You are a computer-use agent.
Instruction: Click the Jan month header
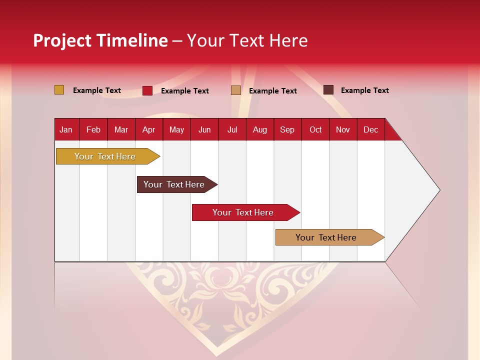click(66, 129)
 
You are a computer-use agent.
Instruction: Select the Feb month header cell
click(93, 129)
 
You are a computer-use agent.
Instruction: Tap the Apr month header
click(148, 129)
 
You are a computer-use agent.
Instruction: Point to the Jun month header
click(204, 129)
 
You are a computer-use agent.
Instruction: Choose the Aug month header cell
click(259, 129)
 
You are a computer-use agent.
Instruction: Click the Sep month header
click(287, 129)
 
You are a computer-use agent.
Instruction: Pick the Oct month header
click(315, 129)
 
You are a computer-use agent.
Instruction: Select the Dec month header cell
click(370, 129)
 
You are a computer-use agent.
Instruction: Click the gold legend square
click(59, 90)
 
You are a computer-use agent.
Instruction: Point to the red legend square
click(147, 90)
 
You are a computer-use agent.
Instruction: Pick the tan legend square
click(236, 90)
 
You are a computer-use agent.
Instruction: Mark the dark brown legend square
click(328, 90)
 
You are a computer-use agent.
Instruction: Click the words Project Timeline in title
click(100, 40)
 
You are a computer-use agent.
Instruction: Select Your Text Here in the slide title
click(247, 40)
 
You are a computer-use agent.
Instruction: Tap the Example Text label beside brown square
click(364, 90)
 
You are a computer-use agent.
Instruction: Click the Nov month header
click(343, 129)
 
